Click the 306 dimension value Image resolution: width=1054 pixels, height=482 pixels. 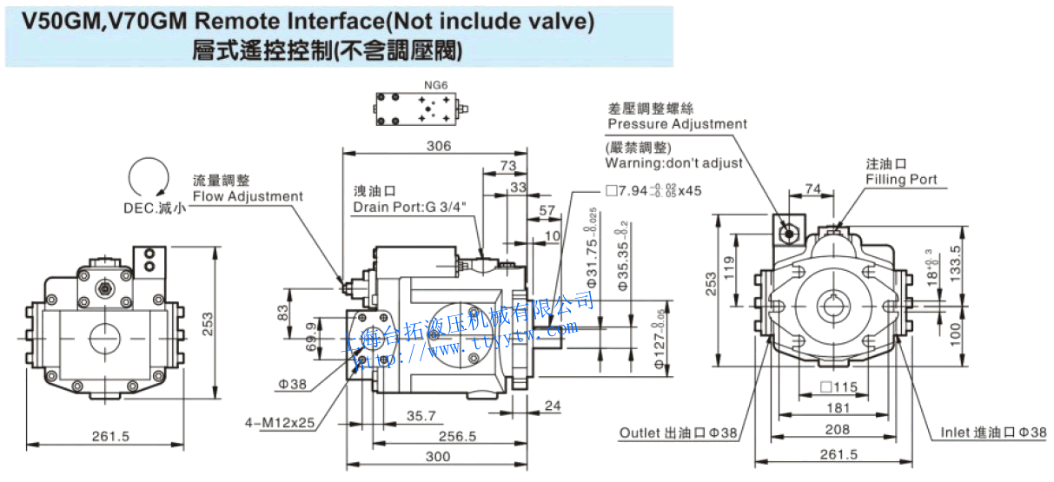click(x=439, y=146)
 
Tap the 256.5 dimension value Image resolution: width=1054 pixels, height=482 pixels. click(x=459, y=437)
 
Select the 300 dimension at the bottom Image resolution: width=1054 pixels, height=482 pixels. click(x=439, y=457)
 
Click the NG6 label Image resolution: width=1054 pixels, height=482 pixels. click(x=435, y=85)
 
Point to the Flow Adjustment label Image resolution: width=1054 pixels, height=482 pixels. click(x=248, y=196)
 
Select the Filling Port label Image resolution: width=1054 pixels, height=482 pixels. click(x=901, y=179)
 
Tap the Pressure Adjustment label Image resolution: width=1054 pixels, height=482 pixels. click(x=677, y=123)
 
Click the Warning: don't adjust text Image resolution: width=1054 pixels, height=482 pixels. click(x=674, y=162)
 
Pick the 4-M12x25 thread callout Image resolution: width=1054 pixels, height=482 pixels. click(x=279, y=423)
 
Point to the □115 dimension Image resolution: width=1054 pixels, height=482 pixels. click(x=838, y=386)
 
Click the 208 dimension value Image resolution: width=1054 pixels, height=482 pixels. click(x=838, y=429)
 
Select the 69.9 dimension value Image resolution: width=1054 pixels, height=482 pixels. click(x=310, y=335)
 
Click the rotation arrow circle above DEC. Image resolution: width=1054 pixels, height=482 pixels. click(x=147, y=178)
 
